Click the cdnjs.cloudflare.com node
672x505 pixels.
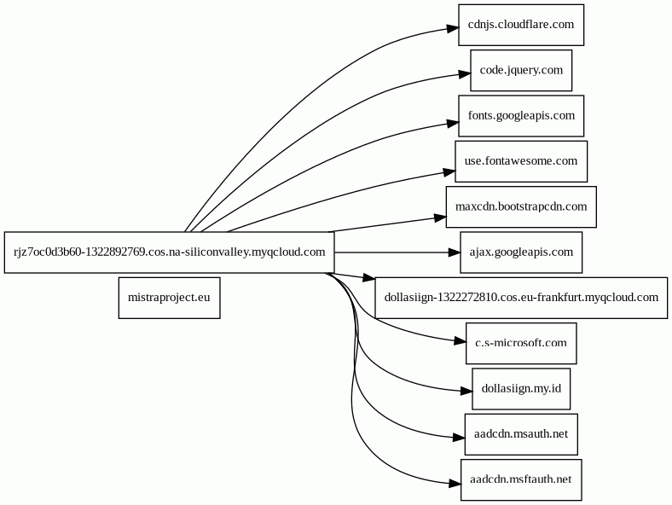(521, 25)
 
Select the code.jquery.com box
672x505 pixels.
(521, 70)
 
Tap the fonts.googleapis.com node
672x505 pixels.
(521, 116)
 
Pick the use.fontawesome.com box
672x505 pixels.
(521, 161)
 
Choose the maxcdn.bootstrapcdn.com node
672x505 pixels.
(521, 206)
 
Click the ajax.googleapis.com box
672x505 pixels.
(521, 252)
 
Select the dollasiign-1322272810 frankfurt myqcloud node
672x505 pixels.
(521, 298)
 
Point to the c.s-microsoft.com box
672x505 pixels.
(521, 343)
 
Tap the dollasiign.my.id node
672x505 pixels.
(521, 388)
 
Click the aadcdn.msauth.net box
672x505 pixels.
(521, 434)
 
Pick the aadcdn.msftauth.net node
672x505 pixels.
(521, 479)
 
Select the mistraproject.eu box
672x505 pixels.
(170, 298)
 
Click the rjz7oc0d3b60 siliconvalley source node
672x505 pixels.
(170, 252)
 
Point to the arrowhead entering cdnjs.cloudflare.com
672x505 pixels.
(453, 29)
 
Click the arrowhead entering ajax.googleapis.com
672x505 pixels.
(454, 252)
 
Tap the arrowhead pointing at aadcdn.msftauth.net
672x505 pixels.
(455, 484)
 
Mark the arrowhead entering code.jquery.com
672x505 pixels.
(465, 74)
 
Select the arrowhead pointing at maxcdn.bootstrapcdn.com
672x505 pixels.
(440, 218)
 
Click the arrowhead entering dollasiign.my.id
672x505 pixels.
(466, 391)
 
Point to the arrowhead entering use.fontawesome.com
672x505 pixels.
(449, 172)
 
